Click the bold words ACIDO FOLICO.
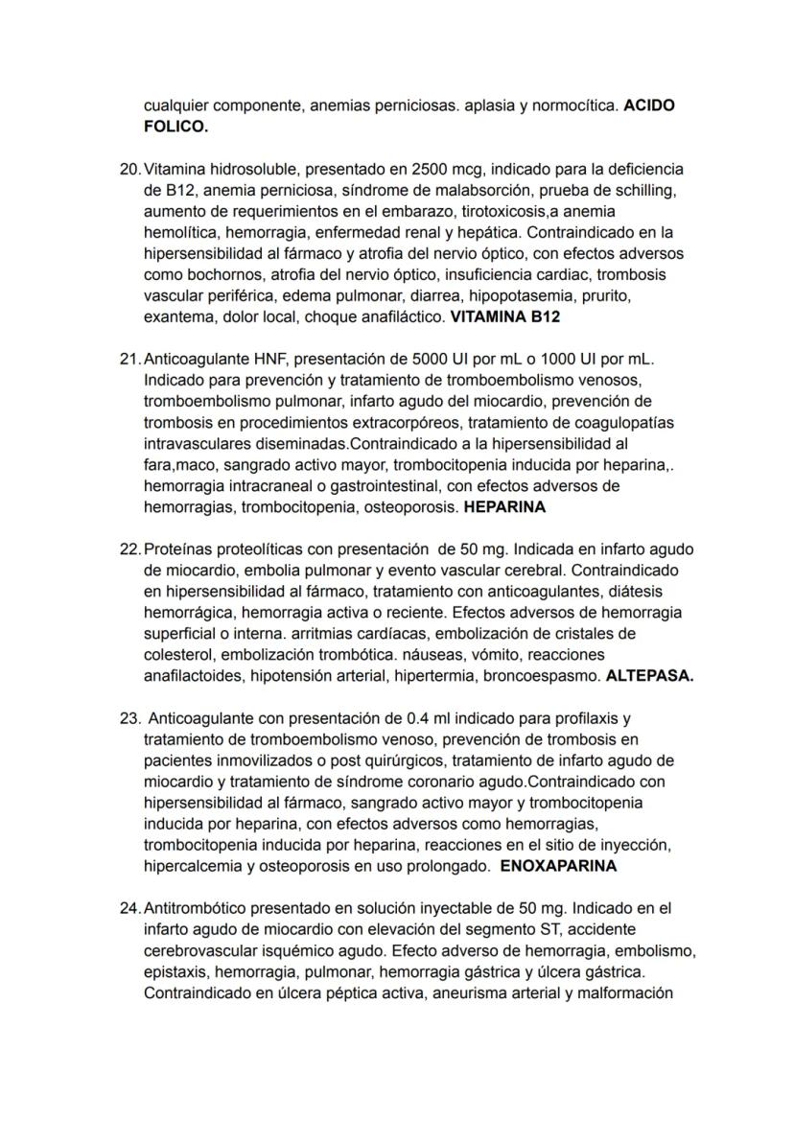point(648,105)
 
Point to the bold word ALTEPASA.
point(649,676)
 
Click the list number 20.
point(130,169)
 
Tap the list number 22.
point(130,549)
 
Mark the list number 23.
point(130,718)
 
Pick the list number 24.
point(130,908)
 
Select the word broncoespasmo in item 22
point(542,676)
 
